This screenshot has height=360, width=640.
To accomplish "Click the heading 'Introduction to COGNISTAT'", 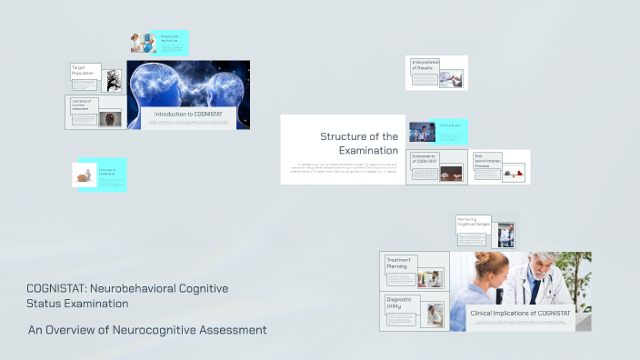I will coord(188,114).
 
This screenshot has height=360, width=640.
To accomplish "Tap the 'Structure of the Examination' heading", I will coord(359,143).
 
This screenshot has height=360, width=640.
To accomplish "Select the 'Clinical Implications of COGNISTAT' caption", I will coord(520,313).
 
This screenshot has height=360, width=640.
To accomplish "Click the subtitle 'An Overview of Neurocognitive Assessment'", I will coord(147,329).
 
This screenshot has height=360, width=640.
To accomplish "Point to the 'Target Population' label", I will coord(84,70).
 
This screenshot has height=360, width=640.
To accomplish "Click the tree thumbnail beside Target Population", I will coord(113,80).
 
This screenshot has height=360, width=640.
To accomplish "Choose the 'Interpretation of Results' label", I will coord(425,65).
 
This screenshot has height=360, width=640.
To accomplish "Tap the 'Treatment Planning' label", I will coord(398,264).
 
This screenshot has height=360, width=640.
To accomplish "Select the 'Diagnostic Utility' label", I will coord(400,302).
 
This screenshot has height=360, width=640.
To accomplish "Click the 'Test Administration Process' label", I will coord(487,160).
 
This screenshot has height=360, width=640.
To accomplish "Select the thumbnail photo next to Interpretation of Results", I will coord(451,78).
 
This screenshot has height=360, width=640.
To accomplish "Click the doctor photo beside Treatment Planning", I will coord(435,278).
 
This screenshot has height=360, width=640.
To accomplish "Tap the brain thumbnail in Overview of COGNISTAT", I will coord(85,175).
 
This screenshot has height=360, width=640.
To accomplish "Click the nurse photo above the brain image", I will coord(142,43).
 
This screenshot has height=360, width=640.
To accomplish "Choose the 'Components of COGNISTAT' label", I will coord(425,159).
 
